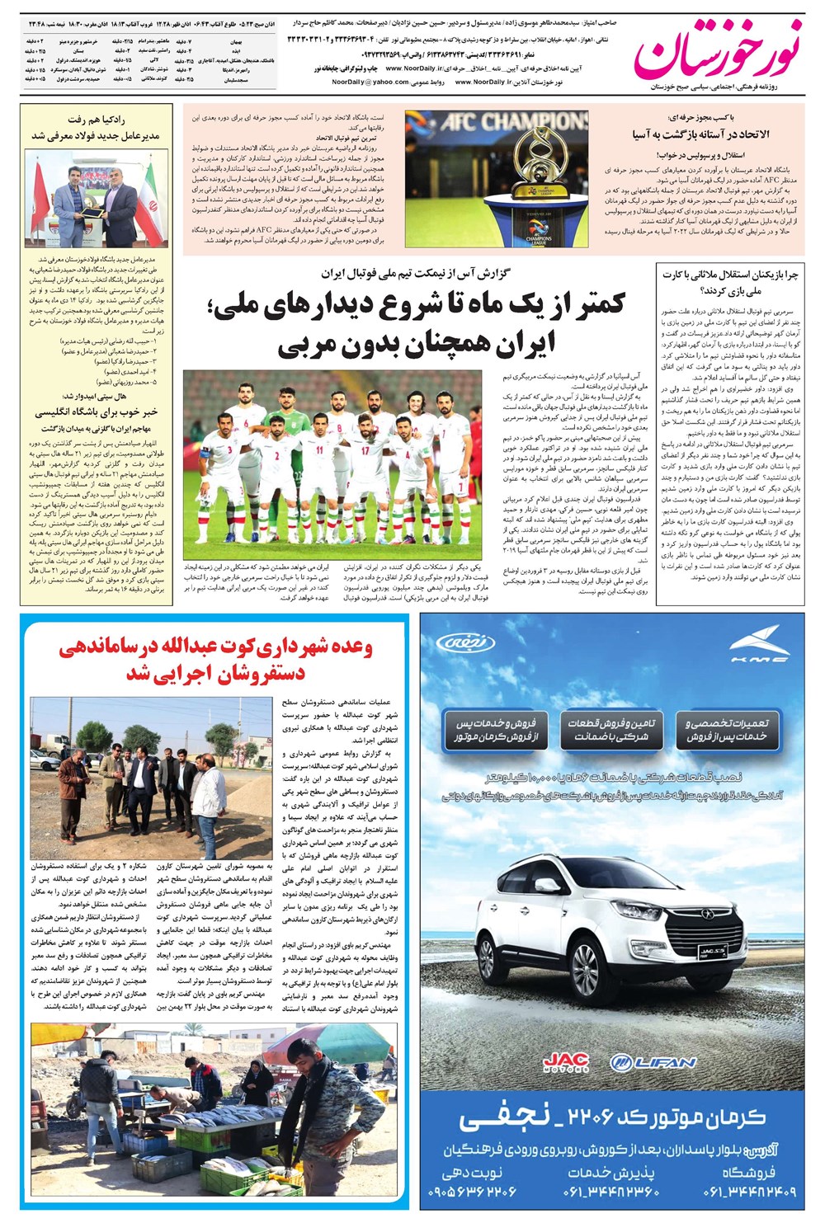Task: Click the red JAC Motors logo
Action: point(565,1062)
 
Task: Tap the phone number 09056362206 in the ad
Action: point(474,1191)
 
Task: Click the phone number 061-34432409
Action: point(749,1191)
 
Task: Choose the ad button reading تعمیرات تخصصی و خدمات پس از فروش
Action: point(727,729)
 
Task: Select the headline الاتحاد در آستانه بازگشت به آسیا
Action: point(700,134)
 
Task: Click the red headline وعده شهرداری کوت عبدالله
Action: point(214,660)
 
